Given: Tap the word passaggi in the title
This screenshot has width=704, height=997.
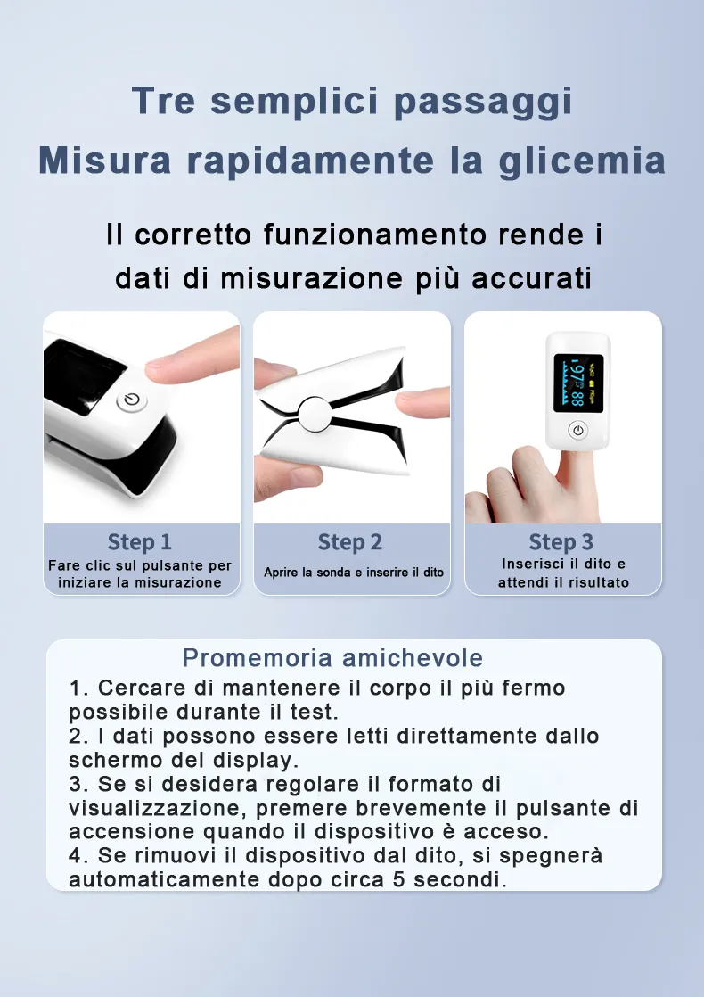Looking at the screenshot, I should (482, 101).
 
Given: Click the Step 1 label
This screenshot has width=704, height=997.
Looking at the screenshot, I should (140, 542).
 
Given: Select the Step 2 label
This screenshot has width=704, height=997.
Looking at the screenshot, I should (350, 542).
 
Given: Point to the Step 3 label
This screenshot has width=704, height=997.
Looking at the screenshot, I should (561, 542).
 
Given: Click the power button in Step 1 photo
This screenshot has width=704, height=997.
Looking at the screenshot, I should (131, 400).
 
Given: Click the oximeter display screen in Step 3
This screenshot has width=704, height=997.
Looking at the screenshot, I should (578, 383).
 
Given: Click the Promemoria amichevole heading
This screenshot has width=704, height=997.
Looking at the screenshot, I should (332, 658).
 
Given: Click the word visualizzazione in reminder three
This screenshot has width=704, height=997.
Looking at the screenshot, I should (159, 808).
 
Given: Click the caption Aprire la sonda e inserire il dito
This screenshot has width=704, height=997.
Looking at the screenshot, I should (353, 573).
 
